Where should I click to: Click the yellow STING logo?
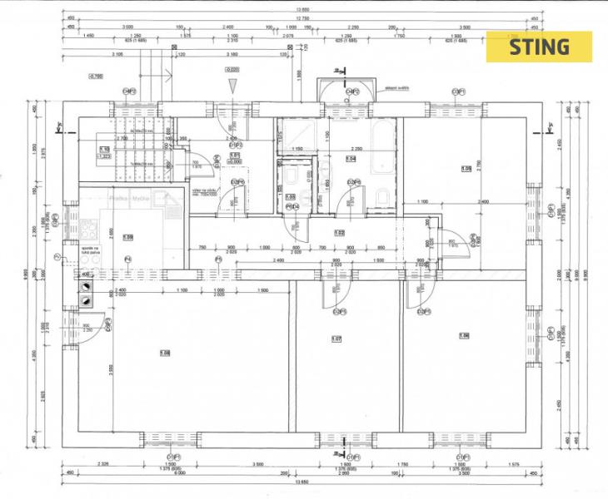[x=539, y=47]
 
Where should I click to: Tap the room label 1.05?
[x=466, y=169]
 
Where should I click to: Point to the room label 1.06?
[x=464, y=335]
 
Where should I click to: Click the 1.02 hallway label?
[x=339, y=233]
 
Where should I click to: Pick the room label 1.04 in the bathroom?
[x=351, y=158]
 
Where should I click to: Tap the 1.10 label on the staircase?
[x=104, y=149]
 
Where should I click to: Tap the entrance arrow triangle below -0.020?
[x=234, y=86]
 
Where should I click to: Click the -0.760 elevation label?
[x=95, y=77]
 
